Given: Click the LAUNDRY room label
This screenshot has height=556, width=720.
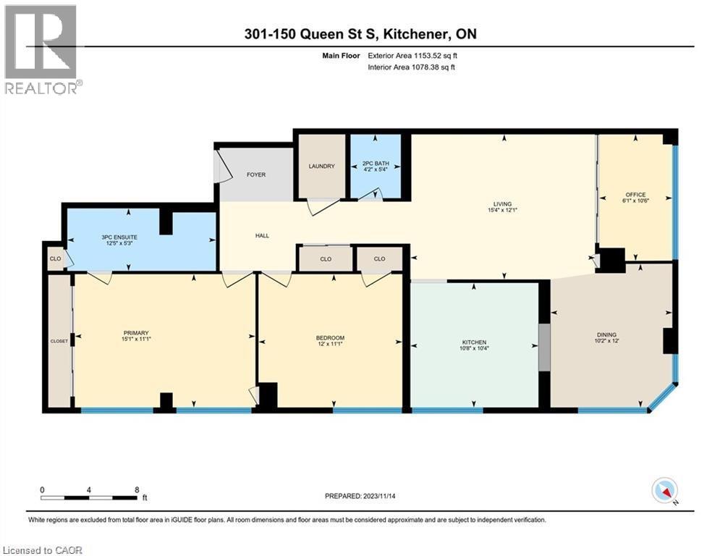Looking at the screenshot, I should tap(321, 166).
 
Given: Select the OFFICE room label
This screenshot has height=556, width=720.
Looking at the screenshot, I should tap(635, 194).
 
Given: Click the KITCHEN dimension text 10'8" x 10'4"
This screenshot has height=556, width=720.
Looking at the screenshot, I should tap(475, 348).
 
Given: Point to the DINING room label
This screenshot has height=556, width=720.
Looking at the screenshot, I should tap(606, 334).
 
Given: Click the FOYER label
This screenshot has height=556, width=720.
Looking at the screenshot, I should tap(256, 174).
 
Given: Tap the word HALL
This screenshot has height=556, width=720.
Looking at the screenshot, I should tap(262, 235).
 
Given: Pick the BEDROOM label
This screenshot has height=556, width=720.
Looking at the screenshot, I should tap(329, 337).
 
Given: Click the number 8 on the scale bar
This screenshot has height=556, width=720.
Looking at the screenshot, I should tap(137, 489).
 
